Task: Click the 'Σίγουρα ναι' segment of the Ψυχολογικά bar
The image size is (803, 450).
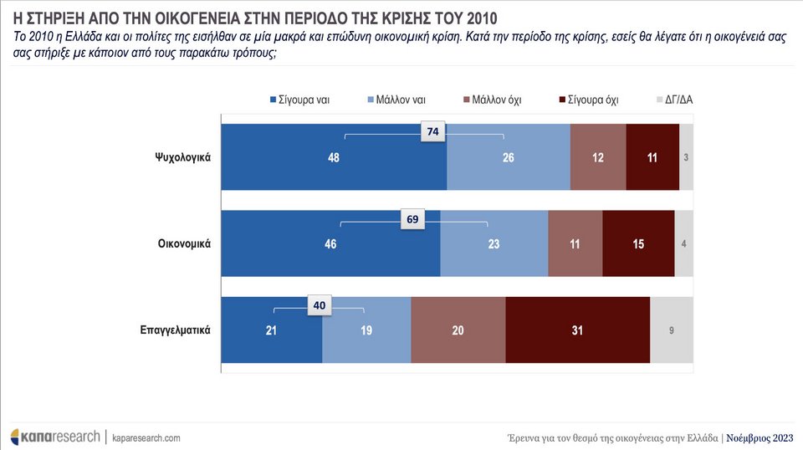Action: click(333, 157)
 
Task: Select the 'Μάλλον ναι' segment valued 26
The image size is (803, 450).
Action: click(508, 157)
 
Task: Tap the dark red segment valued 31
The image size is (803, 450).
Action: click(577, 330)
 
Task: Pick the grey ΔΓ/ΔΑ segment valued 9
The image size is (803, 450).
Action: click(672, 330)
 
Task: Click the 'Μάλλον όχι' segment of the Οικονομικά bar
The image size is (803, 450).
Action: click(575, 243)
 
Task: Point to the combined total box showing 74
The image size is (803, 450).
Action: click(432, 131)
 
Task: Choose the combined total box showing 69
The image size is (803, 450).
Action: click(412, 220)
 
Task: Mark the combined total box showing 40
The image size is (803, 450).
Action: click(320, 306)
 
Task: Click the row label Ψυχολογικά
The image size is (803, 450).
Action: click(181, 157)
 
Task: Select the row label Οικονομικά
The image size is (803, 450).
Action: click(183, 243)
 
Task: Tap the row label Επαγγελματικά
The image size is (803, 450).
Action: click(174, 330)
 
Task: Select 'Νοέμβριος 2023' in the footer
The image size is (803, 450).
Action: click(758, 437)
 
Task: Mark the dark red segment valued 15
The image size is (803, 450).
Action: click(637, 243)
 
